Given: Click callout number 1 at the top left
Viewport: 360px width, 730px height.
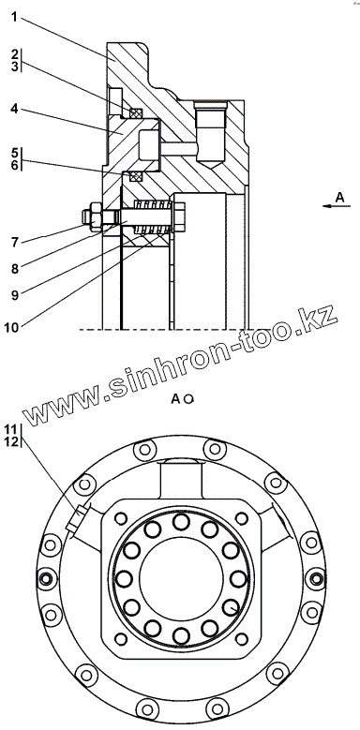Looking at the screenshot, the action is tap(14, 18).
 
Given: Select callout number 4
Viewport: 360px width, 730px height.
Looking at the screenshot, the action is tap(14, 109).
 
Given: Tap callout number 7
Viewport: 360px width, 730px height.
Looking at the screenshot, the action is tap(15, 242).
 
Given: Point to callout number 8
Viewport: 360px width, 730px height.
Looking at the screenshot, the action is tap(15, 268).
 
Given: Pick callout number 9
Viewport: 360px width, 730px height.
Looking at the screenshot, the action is tap(15, 295).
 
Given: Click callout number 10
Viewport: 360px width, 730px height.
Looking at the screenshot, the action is tap(11, 327).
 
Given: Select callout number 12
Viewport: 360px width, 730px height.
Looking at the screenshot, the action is tap(11, 441).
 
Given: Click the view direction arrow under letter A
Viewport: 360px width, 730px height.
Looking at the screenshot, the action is tap(337, 206).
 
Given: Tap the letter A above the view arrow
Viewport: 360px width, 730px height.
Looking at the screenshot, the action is tap(340, 197).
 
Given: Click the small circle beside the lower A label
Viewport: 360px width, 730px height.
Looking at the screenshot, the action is tap(189, 399).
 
